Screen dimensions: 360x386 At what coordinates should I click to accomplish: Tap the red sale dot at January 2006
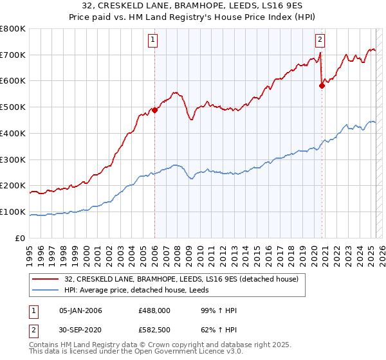click(x=154, y=110)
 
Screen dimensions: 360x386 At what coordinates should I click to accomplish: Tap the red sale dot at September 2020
click(x=322, y=85)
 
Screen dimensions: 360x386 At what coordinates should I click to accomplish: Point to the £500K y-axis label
click(x=13, y=107)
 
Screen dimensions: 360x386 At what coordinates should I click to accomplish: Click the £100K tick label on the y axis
click(x=13, y=212)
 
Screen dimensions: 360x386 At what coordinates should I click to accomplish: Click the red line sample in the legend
click(x=46, y=279)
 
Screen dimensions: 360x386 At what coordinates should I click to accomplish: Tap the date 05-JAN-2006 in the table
click(x=80, y=311)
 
